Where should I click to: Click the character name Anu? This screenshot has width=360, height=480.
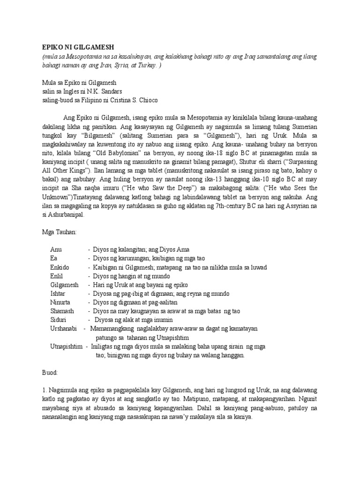(56, 249)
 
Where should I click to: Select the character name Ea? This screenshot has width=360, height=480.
(53, 258)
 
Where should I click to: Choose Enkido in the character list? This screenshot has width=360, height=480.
(60, 267)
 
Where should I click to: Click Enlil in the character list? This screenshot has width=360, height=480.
(57, 276)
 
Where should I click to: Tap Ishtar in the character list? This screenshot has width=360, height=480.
(58, 293)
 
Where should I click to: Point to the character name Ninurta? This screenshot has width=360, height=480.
(60, 302)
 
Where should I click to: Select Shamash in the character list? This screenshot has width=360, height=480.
(62, 311)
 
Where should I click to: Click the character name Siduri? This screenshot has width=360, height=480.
(59, 320)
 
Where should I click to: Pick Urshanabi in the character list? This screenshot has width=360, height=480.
(63, 329)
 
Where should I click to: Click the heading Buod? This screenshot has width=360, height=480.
(49, 372)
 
